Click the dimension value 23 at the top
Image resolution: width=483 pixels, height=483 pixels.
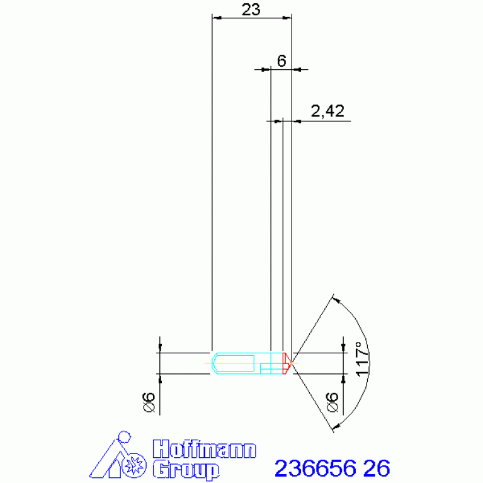coord(251,9)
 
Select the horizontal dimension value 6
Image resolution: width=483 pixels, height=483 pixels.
coord(281,60)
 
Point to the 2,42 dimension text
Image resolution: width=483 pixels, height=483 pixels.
coord(327,111)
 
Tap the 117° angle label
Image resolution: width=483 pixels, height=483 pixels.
coord(363,359)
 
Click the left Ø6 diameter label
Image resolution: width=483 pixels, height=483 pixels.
coord(149,402)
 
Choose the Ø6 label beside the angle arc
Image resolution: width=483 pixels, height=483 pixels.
coord(332,402)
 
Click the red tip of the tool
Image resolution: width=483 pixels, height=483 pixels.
coord(287,363)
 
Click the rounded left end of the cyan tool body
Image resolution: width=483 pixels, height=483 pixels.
coord(214,363)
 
